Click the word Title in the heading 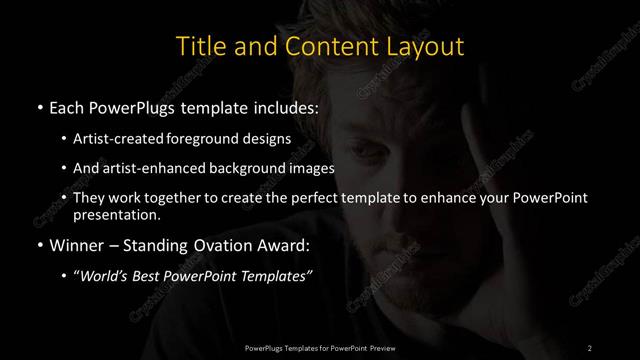[200, 46]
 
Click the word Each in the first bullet [67, 108]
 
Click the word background [254, 167]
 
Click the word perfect [300, 197]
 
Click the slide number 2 [590, 347]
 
